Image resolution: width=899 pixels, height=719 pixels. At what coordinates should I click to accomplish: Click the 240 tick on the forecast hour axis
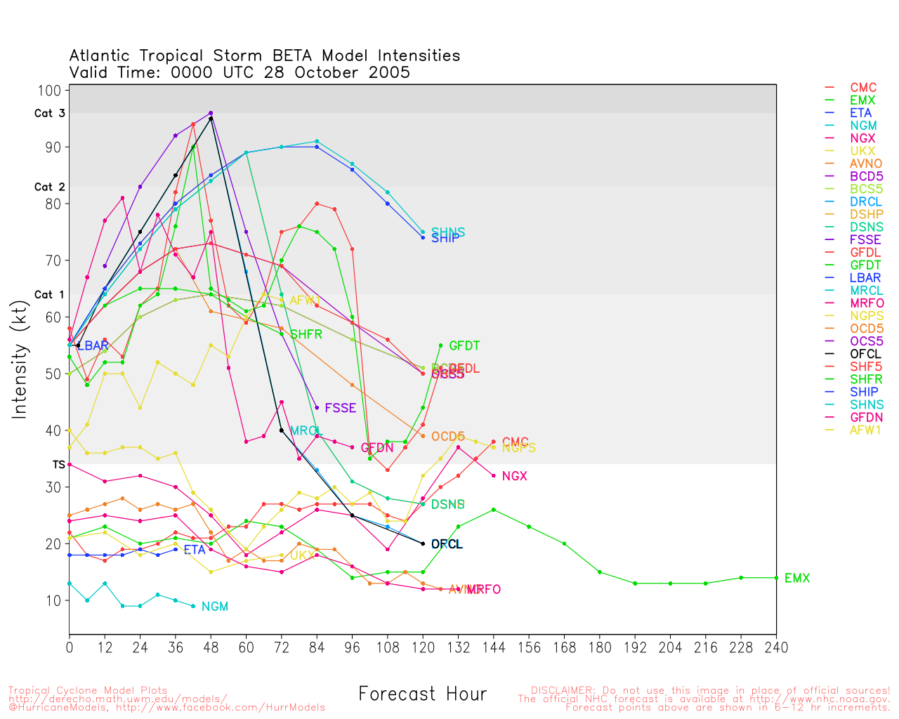click(x=776, y=647)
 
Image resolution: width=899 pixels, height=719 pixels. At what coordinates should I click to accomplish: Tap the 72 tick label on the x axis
click(x=282, y=647)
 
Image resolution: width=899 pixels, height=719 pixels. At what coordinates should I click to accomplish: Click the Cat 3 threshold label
click(x=49, y=113)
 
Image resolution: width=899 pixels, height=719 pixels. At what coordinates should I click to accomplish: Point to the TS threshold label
click(x=58, y=465)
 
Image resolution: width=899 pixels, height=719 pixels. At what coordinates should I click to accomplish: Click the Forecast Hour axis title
click(x=422, y=694)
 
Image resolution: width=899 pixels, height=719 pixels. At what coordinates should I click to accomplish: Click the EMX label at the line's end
click(x=797, y=579)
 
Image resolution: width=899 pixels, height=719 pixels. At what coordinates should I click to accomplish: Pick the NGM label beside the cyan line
click(x=215, y=607)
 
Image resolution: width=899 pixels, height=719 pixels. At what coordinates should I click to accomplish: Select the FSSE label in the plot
click(x=341, y=408)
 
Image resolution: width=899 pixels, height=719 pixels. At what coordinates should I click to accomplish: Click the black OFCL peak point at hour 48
click(x=211, y=118)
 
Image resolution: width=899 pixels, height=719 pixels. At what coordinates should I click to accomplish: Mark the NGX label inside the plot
click(x=515, y=477)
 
